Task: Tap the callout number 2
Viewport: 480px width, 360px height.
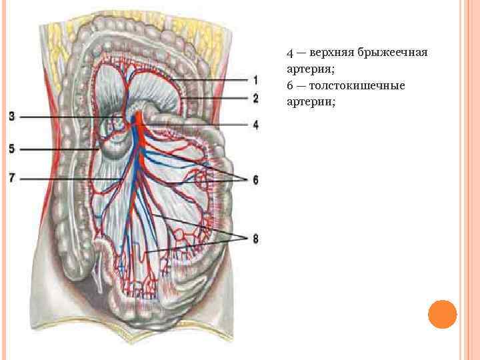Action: (255, 99)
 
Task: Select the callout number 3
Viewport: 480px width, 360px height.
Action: (12, 117)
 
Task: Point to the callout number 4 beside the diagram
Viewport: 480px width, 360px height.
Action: (255, 125)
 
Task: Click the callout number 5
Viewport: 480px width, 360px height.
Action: (12, 149)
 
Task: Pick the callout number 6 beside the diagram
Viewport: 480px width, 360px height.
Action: (255, 180)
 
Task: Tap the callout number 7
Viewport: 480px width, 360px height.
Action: (12, 177)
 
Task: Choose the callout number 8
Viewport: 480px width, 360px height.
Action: (255, 239)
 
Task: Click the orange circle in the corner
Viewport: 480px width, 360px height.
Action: (442, 314)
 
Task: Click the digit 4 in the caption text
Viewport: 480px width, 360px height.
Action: (290, 53)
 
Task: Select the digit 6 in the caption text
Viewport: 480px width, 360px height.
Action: (290, 86)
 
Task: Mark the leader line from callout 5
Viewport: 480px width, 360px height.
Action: (60, 150)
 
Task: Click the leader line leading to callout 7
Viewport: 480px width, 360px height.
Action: (67, 179)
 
